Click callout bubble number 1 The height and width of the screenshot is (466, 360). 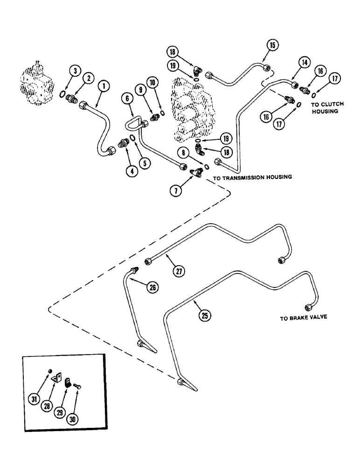(104, 86)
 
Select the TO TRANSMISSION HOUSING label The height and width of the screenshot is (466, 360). (252, 177)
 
